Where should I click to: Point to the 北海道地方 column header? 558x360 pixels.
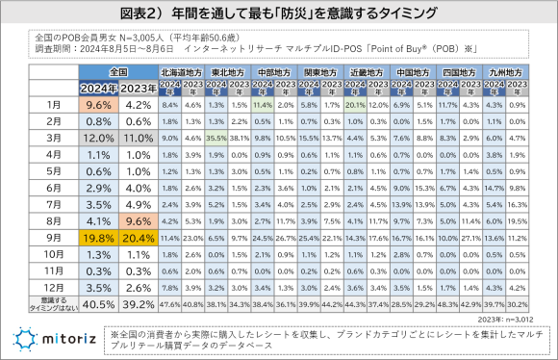[x=180, y=72]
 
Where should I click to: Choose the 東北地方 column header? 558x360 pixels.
[x=227, y=72]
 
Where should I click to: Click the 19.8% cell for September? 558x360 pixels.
[x=99, y=235]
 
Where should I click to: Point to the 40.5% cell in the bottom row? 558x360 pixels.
[x=99, y=303]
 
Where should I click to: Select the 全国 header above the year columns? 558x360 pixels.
[x=118, y=71]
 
